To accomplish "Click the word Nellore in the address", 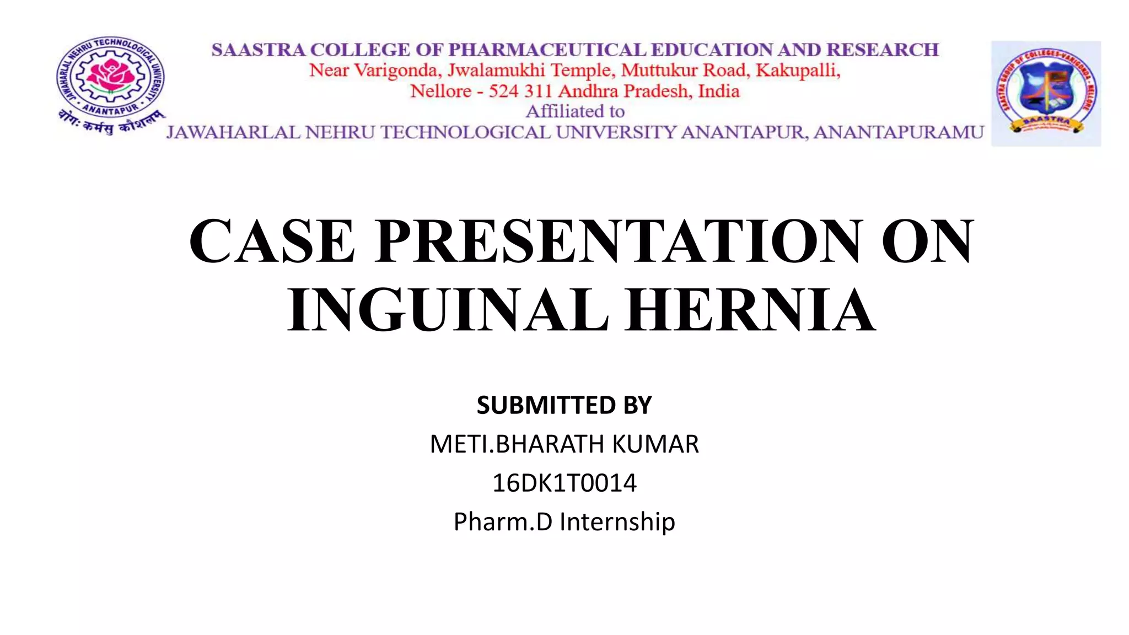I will [440, 91].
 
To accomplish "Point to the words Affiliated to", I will [575, 111].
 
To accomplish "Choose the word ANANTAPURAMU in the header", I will [899, 133].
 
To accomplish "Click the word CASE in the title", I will [272, 241].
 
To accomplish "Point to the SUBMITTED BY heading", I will [564, 405].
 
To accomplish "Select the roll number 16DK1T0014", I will [564, 483].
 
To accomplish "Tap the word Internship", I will [617, 521].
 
